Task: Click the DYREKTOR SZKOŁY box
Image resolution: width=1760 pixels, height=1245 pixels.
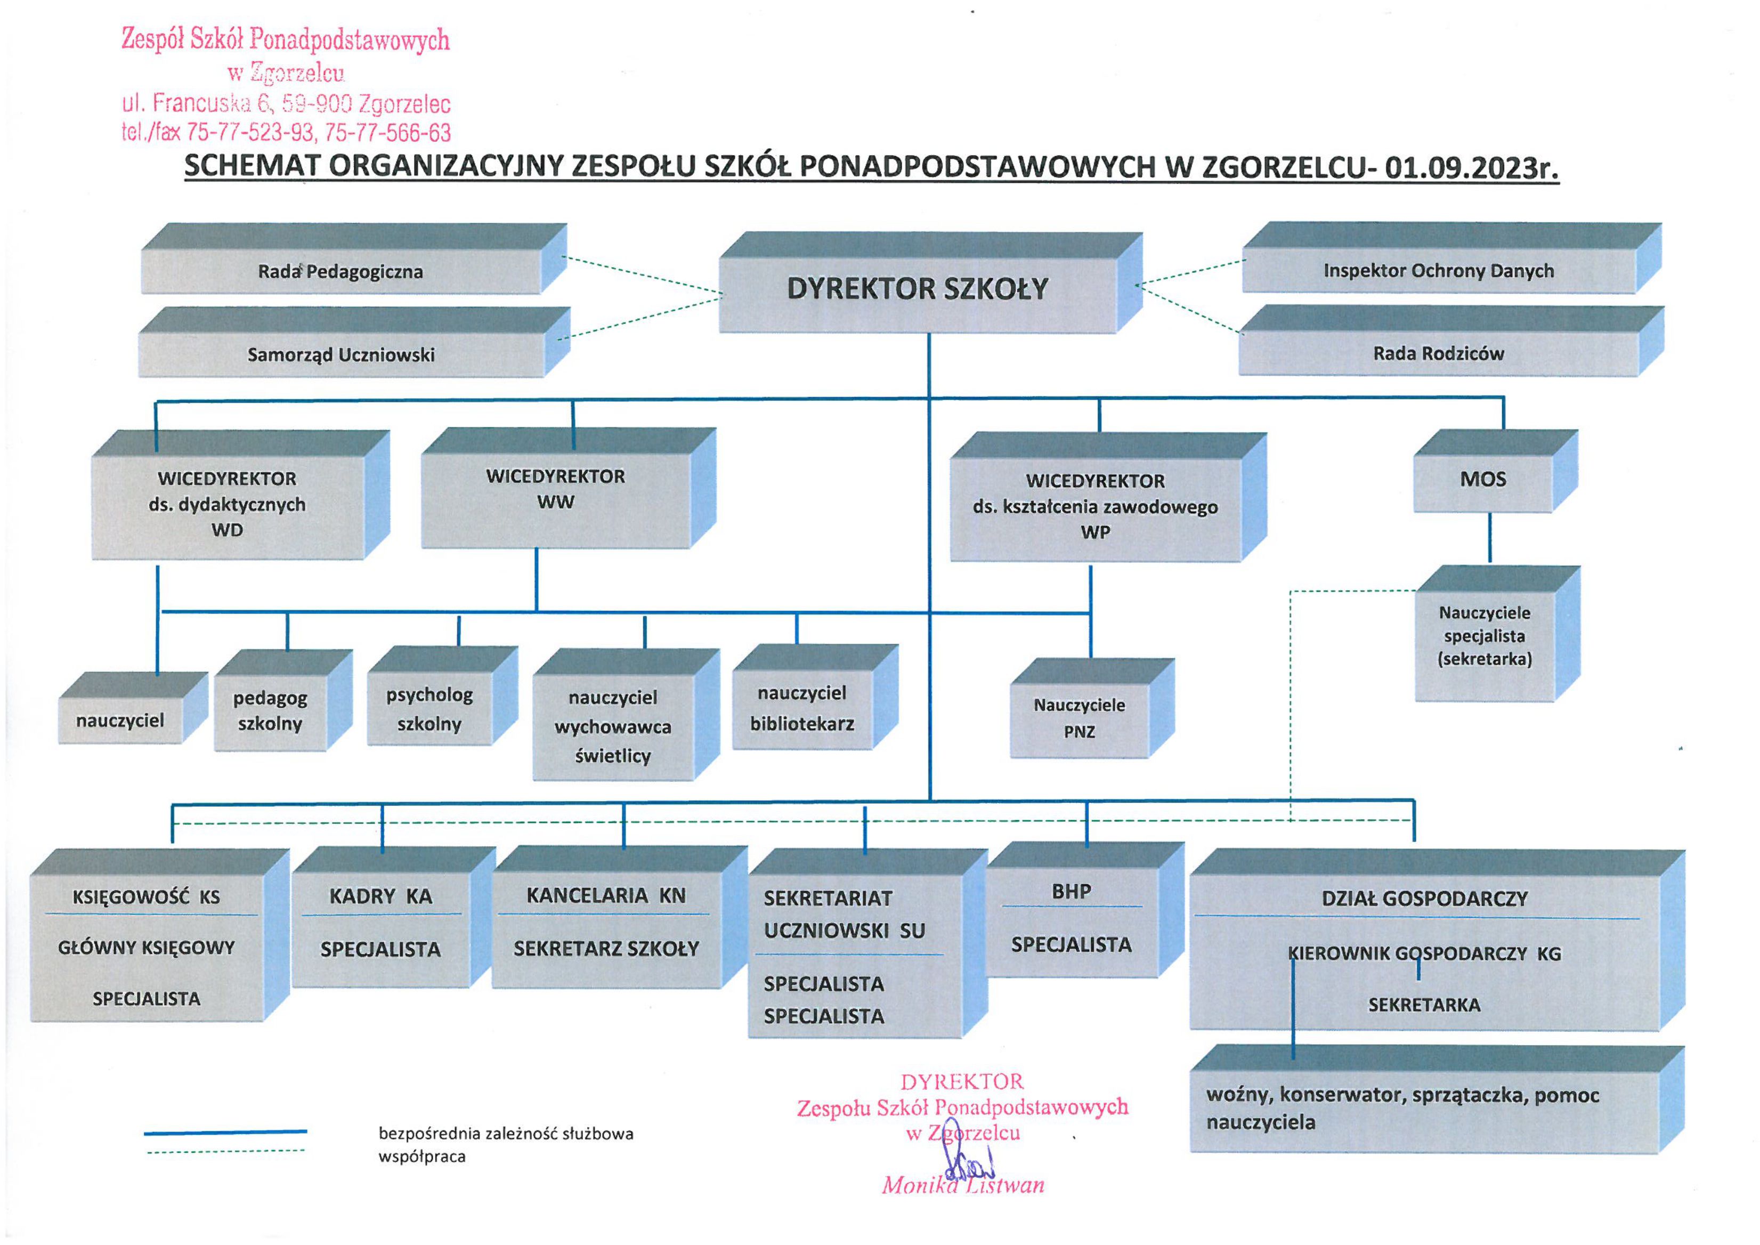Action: click(x=917, y=290)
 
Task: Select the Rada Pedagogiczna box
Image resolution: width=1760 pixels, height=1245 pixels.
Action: click(x=340, y=271)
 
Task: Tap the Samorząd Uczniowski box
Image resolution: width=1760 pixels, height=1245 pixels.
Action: click(x=341, y=355)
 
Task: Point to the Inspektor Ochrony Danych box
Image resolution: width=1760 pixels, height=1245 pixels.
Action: click(x=1438, y=271)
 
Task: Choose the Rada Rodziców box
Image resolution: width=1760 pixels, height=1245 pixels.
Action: click(x=1438, y=353)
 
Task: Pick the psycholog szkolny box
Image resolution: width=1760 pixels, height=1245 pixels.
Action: click(x=429, y=709)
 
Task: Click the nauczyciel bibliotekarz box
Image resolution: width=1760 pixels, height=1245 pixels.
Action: click(x=802, y=708)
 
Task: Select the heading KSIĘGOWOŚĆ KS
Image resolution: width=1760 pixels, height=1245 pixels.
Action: click(x=145, y=897)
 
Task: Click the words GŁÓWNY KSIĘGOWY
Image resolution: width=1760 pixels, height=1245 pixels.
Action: click(x=145, y=948)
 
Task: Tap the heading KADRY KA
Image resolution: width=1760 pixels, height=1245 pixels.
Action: click(x=380, y=896)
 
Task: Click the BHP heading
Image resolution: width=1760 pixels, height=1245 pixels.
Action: click(x=1071, y=892)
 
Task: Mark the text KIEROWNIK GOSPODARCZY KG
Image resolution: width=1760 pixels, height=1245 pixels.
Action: click(x=1424, y=953)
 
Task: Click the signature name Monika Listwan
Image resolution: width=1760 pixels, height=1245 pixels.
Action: click(x=963, y=1185)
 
